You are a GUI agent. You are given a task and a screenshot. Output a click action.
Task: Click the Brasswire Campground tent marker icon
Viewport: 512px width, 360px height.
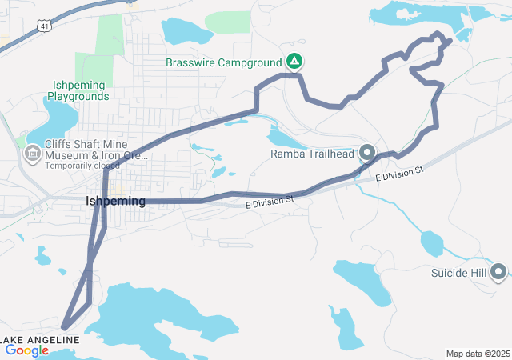tap(294, 62)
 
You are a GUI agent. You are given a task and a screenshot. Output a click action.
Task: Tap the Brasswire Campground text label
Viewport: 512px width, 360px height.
tap(223, 62)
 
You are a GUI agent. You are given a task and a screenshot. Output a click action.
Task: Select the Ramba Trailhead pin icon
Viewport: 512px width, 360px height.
tap(368, 152)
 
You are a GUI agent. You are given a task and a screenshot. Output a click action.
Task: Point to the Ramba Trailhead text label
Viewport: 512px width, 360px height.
tap(311, 153)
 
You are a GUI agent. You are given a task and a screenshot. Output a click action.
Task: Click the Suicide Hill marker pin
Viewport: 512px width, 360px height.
tap(499, 273)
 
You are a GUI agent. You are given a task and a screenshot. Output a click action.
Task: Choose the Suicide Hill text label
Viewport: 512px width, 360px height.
tap(458, 273)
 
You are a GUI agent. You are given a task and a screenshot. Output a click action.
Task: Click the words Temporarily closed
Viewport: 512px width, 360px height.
tap(82, 166)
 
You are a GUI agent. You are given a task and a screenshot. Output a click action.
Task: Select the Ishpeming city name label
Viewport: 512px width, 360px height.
tap(115, 201)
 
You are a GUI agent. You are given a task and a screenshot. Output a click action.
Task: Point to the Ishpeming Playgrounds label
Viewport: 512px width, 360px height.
tap(78, 90)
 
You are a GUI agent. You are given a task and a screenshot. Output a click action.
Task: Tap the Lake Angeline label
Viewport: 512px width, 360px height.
tap(40, 340)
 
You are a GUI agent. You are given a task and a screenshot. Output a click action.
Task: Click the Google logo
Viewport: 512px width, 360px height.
tap(26, 350)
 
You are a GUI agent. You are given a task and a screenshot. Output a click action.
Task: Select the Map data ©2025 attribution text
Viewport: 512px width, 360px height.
tap(478, 354)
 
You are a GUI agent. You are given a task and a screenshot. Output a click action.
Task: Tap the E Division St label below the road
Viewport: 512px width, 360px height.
tap(270, 206)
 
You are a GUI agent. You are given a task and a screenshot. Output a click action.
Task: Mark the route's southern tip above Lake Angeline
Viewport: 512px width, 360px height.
tap(63, 327)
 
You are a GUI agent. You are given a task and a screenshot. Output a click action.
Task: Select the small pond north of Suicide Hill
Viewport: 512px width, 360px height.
tap(432, 242)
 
